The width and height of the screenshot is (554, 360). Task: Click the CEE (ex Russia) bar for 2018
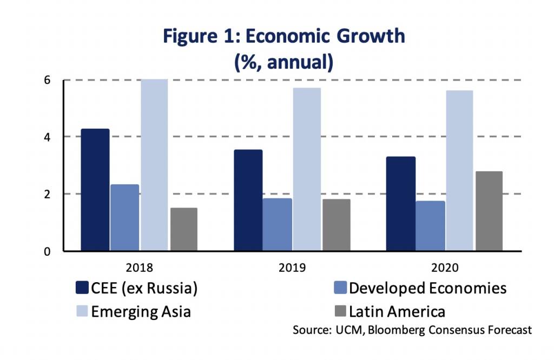click(x=95, y=190)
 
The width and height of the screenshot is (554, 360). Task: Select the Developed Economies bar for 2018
click(x=124, y=218)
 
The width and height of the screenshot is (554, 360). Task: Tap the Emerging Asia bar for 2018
click(x=154, y=165)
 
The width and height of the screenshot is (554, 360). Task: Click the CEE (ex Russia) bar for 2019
click(x=248, y=200)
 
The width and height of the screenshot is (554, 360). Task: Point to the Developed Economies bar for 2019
click(x=277, y=224)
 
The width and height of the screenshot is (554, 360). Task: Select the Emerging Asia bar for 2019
click(x=307, y=169)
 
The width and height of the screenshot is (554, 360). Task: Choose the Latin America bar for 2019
click(x=336, y=225)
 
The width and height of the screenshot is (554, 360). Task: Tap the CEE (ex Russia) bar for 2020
click(x=401, y=204)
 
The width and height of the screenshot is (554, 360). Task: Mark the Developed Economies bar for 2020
click(x=431, y=226)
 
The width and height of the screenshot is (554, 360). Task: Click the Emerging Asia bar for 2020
click(x=459, y=171)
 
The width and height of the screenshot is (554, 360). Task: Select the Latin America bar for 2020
click(x=489, y=211)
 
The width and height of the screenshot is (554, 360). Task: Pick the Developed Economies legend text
click(x=427, y=288)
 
